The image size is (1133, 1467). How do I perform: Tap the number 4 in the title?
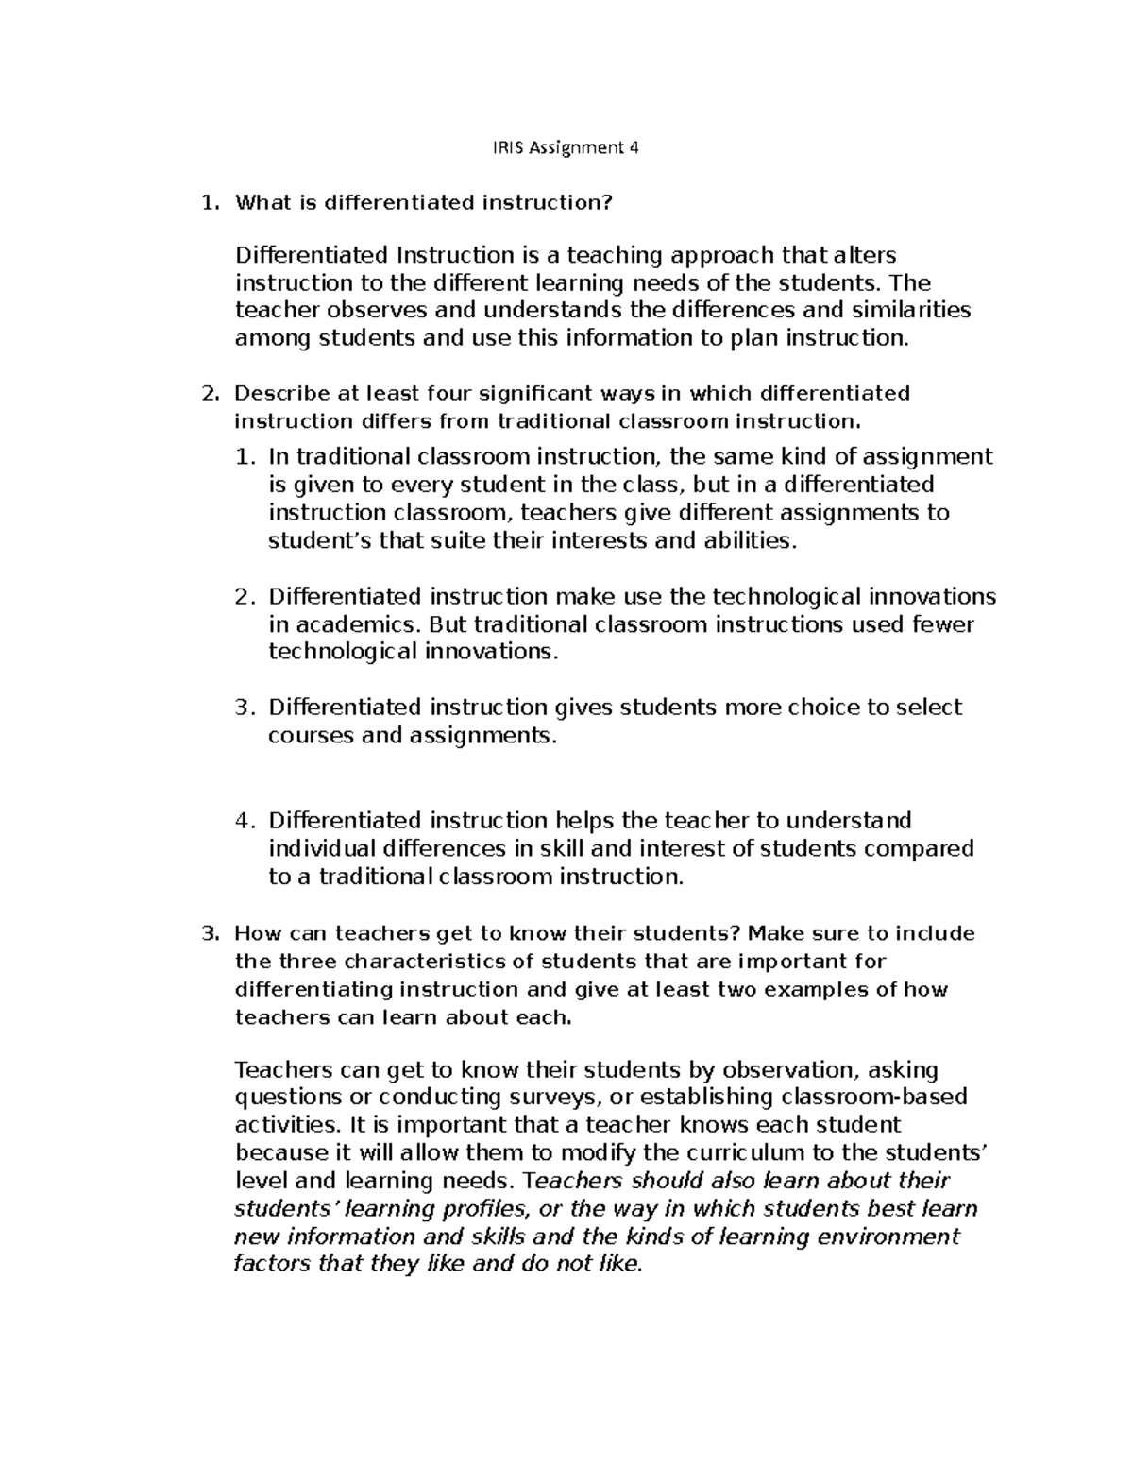pyautogui.click(x=634, y=147)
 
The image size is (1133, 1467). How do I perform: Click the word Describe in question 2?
pyautogui.click(x=276, y=393)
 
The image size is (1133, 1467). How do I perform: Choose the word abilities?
pyautogui.click(x=752, y=541)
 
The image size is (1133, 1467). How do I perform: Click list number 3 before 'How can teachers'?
pyautogui.click(x=210, y=934)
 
